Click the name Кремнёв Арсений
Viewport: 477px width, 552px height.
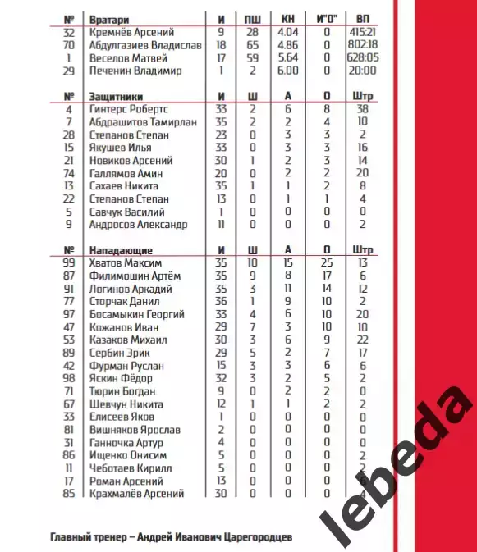coord(126,31)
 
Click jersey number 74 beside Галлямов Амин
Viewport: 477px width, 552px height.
coord(69,173)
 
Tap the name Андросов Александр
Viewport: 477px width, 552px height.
coord(139,224)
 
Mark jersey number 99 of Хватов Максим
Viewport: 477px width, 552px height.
coord(69,262)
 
